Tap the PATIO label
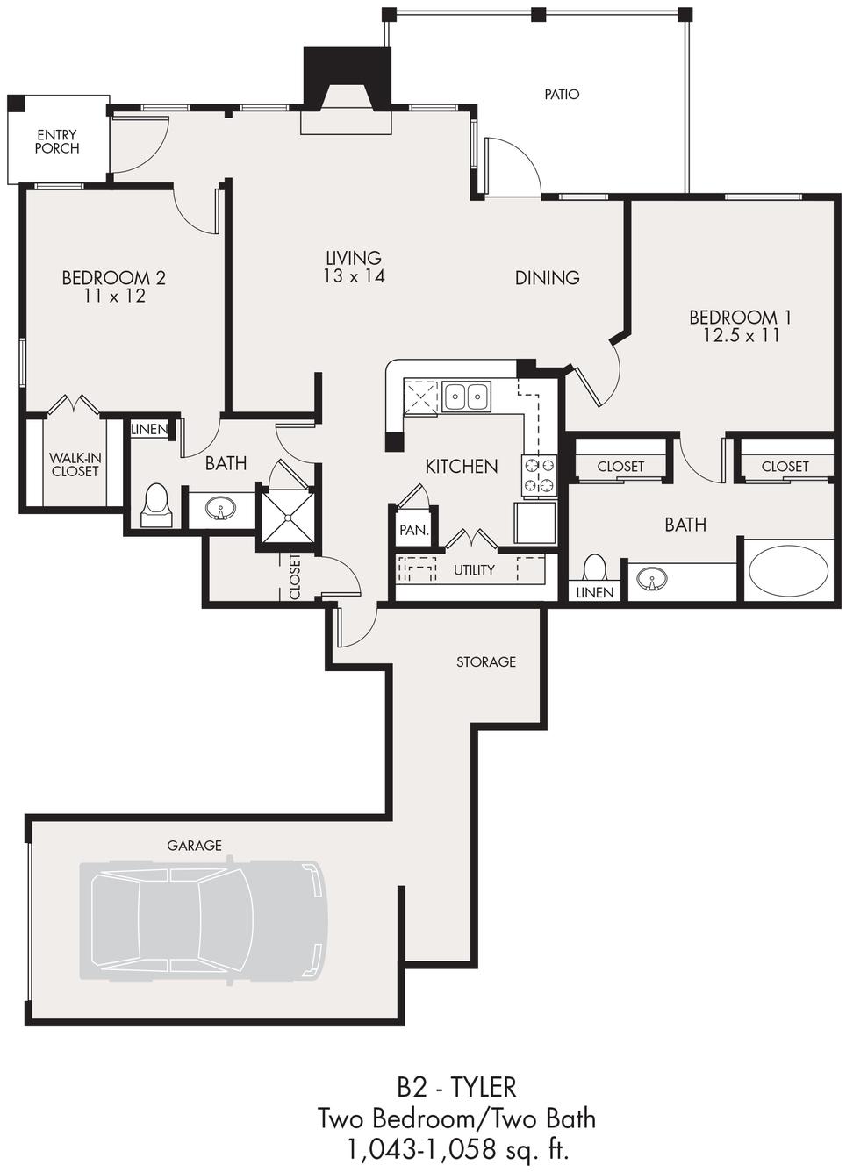pos(562,94)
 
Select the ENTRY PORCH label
pos(57,142)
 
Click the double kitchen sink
pos(467,397)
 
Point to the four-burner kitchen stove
pos(538,475)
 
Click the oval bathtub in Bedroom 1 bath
pos(788,571)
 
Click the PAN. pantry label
pos(414,530)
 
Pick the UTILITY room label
pos(474,570)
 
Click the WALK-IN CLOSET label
pos(75,464)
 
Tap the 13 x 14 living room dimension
pos(354,275)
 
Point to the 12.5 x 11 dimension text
pos(741,335)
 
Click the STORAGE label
pos(486,661)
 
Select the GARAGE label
pos(194,845)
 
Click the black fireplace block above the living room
pos(348,78)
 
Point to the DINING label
pos(547,277)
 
